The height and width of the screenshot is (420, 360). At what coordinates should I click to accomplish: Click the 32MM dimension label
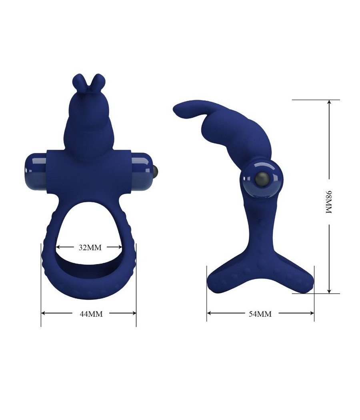90,247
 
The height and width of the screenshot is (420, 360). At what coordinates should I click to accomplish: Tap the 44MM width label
91,314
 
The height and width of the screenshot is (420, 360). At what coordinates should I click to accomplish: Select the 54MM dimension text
260,314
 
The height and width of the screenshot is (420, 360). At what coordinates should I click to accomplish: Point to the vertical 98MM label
329,202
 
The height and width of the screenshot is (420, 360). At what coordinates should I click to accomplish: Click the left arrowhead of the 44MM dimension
44,314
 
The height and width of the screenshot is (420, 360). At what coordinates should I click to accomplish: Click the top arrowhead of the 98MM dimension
329,102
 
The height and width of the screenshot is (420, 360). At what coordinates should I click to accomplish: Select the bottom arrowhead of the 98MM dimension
329,291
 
